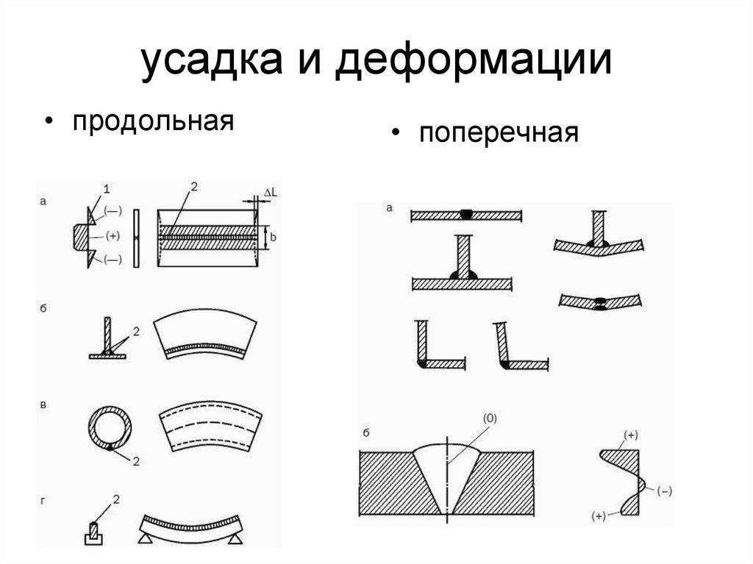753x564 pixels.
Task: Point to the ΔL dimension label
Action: click(x=268, y=193)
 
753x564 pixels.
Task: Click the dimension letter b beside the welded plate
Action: click(x=271, y=237)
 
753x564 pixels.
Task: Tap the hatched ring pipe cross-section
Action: click(x=111, y=426)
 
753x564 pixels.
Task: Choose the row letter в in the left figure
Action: click(x=45, y=405)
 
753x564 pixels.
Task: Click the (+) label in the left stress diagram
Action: click(x=112, y=236)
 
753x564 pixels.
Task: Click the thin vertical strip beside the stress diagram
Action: click(x=135, y=239)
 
